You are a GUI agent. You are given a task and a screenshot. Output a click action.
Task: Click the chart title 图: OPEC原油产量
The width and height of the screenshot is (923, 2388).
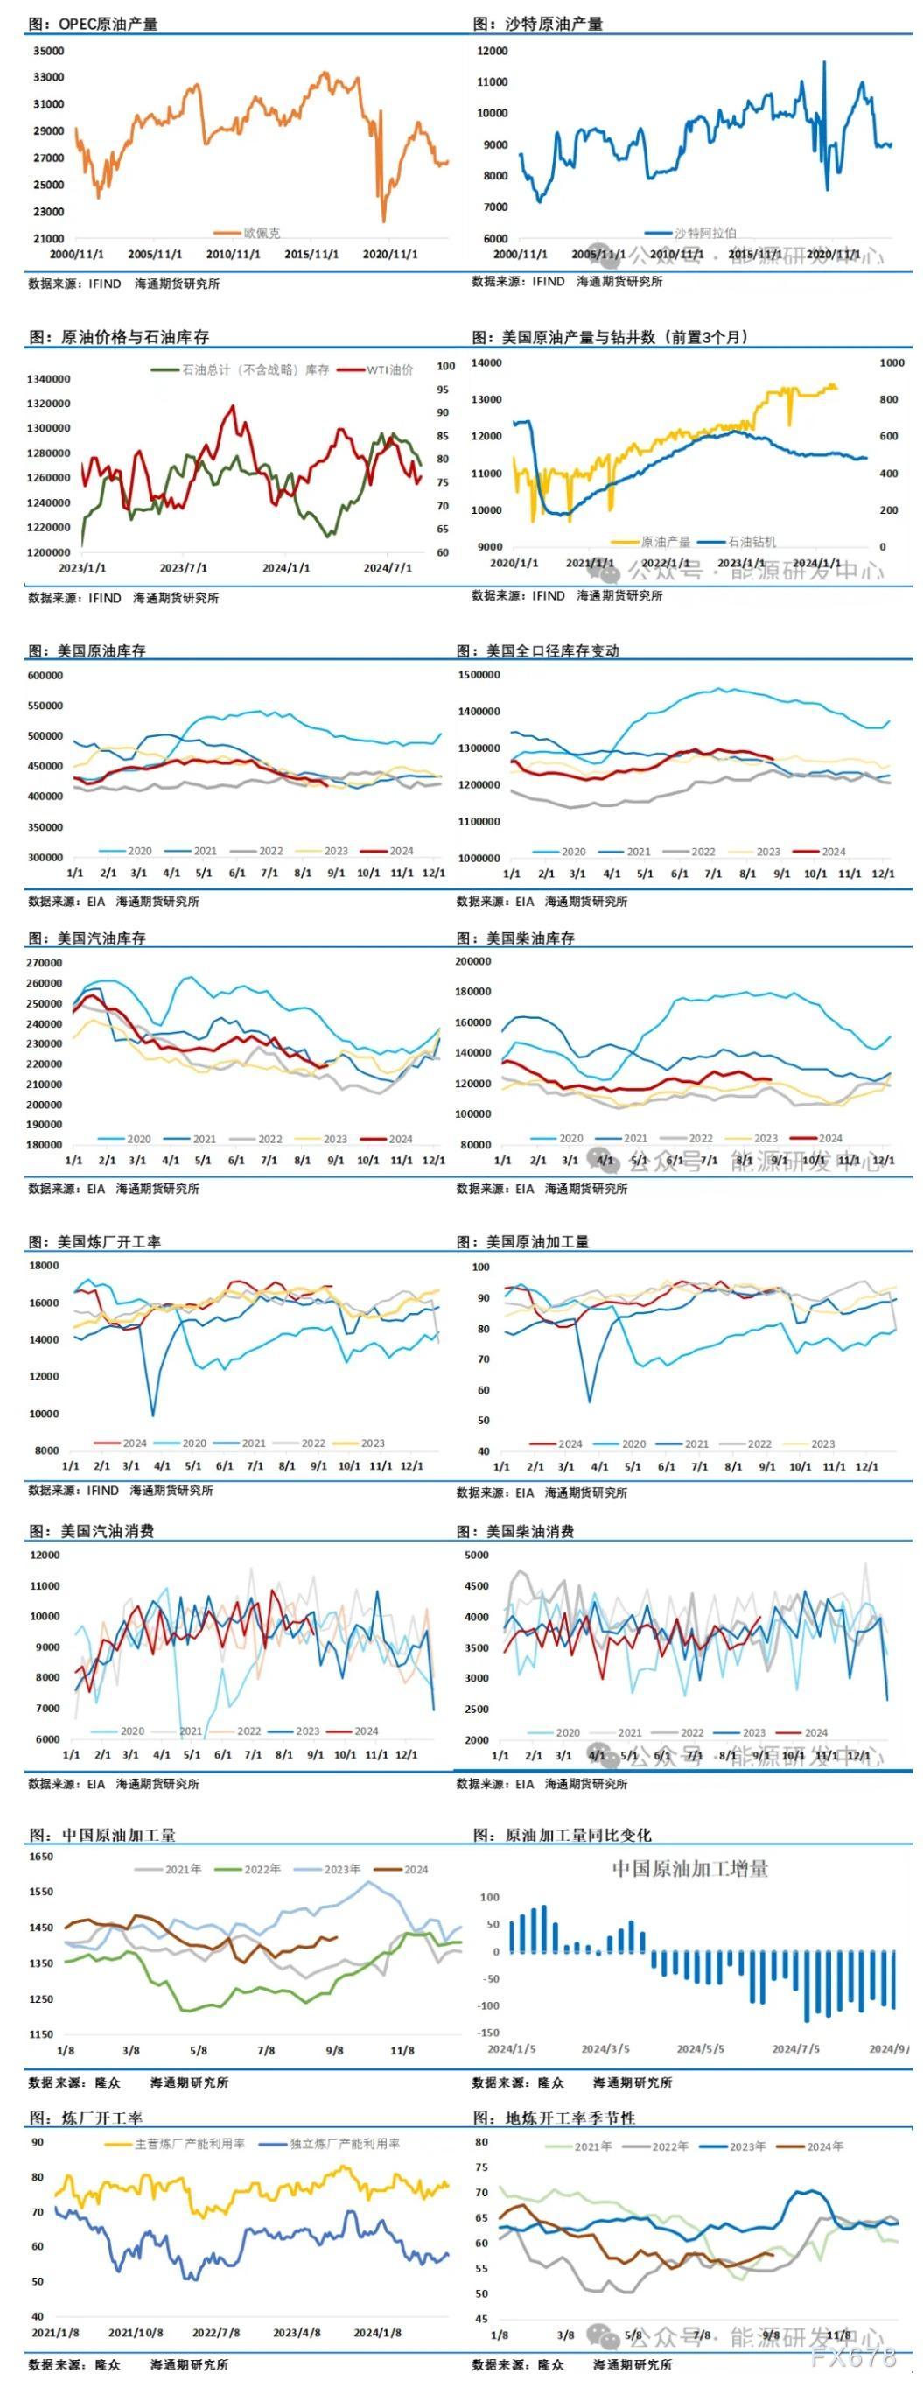93,23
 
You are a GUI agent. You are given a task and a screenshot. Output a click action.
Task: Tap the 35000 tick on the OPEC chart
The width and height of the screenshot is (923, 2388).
48,51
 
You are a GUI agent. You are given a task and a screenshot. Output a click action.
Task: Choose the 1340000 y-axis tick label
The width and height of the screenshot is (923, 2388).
49,379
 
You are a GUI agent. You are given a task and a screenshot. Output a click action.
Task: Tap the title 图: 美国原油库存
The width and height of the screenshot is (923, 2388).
87,650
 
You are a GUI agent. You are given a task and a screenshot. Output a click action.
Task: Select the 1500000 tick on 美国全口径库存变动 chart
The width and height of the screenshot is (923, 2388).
479,675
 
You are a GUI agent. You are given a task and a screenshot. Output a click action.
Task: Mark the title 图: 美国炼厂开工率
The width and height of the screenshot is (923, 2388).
94,1241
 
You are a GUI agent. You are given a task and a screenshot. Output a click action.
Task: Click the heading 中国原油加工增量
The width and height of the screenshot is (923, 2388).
689,1868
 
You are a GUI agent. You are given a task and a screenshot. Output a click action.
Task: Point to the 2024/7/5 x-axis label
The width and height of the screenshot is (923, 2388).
797,2047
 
